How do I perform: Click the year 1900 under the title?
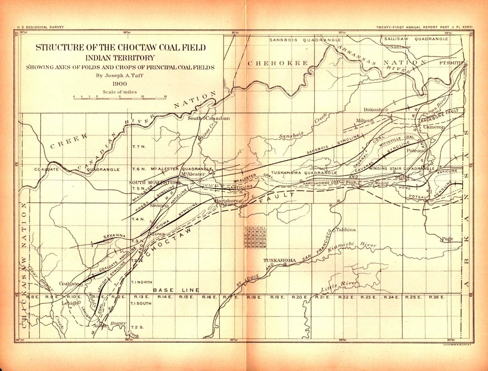tap(120, 83)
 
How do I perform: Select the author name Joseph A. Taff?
tap(120, 75)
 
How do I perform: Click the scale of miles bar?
tap(120, 98)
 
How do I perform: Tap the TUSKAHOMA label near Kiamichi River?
tap(279, 261)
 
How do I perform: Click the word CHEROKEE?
tap(278, 63)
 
